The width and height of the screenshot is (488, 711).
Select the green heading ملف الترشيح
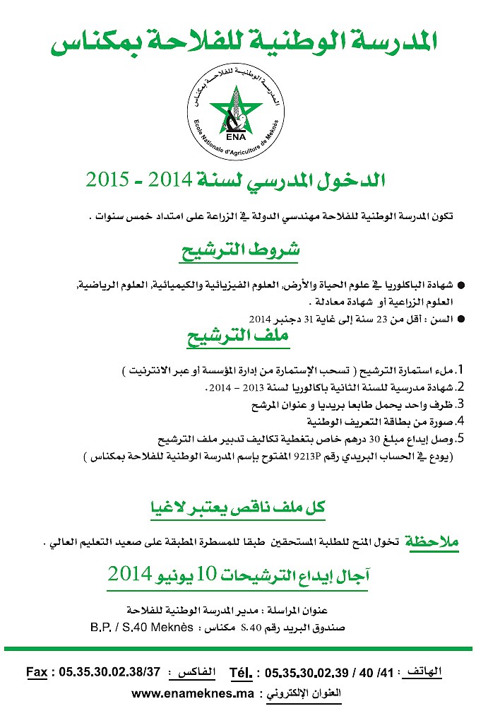(238, 338)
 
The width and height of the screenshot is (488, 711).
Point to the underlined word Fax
(37, 671)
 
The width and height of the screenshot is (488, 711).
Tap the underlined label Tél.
(241, 671)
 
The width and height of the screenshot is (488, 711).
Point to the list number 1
(460, 370)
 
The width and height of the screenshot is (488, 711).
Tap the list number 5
(460, 438)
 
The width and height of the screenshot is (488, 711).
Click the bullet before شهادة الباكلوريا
(461, 286)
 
